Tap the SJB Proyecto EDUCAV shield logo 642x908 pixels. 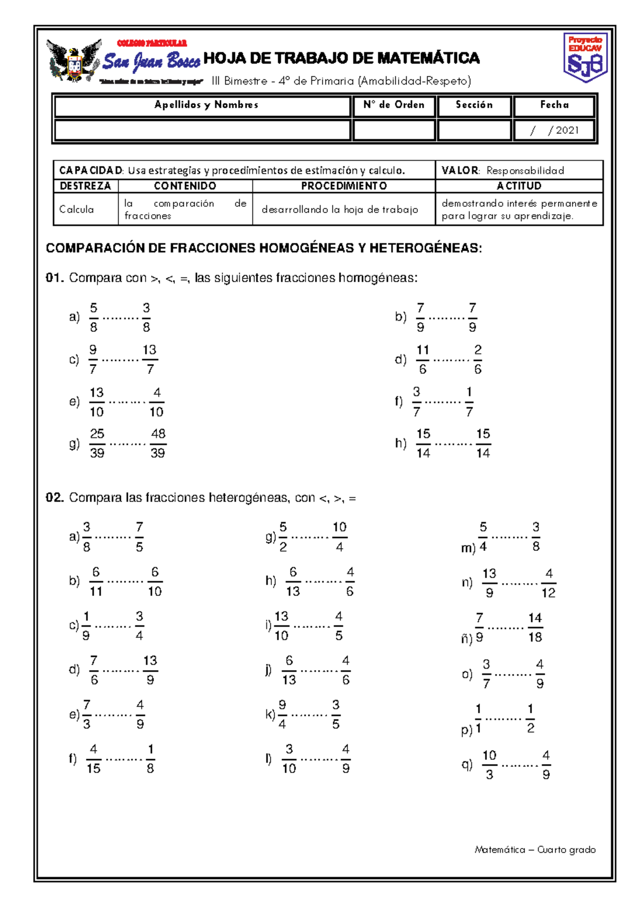[x=585, y=57]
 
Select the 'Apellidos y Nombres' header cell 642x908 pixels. [x=206, y=105]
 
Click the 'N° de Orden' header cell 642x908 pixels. [x=394, y=105]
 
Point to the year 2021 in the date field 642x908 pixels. [x=567, y=130]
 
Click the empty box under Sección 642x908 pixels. [x=474, y=130]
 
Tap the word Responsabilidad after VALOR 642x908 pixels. [x=525, y=170]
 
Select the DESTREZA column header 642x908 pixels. [x=86, y=186]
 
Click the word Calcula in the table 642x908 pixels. [x=77, y=209]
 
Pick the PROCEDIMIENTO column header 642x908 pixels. [x=343, y=186]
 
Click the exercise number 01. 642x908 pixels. [x=55, y=277]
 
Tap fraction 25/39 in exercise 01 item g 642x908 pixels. [x=97, y=443]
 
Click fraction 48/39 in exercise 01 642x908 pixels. [x=158, y=443]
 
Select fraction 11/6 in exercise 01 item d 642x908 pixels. [x=423, y=359]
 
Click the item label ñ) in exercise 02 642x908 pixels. [x=467, y=638]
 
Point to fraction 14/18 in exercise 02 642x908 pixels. [x=535, y=627]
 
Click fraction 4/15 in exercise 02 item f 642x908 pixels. [x=94, y=759]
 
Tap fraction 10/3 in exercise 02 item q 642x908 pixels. [x=490, y=765]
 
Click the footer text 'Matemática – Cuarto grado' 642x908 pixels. [x=535, y=850]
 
